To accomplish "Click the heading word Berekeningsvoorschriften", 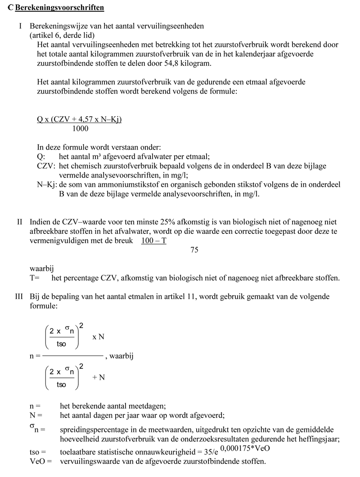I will (x=60, y=8).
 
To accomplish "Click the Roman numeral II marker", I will (x=19, y=223).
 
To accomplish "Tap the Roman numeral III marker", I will (x=19, y=296).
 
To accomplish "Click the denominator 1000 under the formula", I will (x=80, y=129).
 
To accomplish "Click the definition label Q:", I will (x=41, y=157).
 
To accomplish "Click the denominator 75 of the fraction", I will (x=194, y=250).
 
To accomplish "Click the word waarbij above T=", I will (x=42, y=269).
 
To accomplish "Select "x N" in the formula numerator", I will (x=99, y=337).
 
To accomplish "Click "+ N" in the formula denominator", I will (x=98, y=377).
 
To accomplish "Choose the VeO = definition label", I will (x=41, y=462).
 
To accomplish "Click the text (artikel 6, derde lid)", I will (x=65, y=35).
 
